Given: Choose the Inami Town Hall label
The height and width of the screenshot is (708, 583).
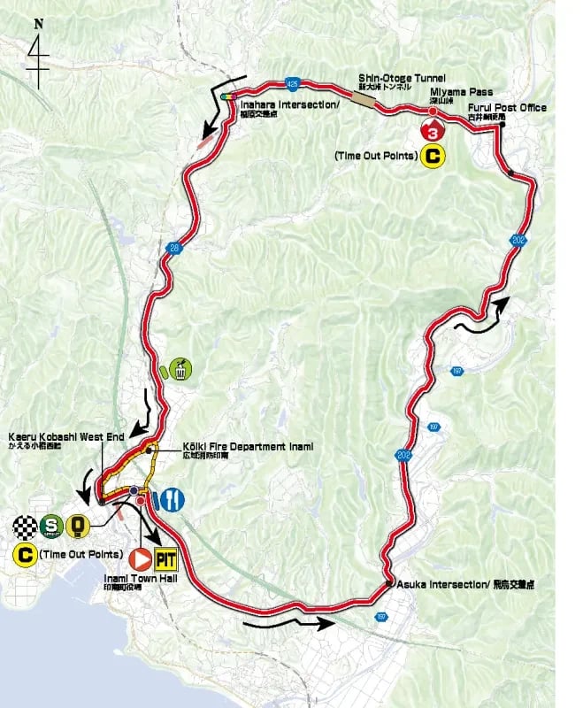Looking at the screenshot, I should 130,582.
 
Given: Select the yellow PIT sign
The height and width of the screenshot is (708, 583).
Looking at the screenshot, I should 165,559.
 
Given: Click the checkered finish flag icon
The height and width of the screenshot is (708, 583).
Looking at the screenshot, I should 26,529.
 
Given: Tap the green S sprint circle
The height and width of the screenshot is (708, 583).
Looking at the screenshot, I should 52,529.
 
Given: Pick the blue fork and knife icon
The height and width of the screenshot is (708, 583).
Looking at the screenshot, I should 173,499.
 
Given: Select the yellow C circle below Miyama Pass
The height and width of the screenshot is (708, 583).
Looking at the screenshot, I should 433,158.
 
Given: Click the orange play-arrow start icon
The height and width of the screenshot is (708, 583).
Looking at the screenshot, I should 139,559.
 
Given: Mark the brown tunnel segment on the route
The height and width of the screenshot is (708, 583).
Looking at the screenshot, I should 363,101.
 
